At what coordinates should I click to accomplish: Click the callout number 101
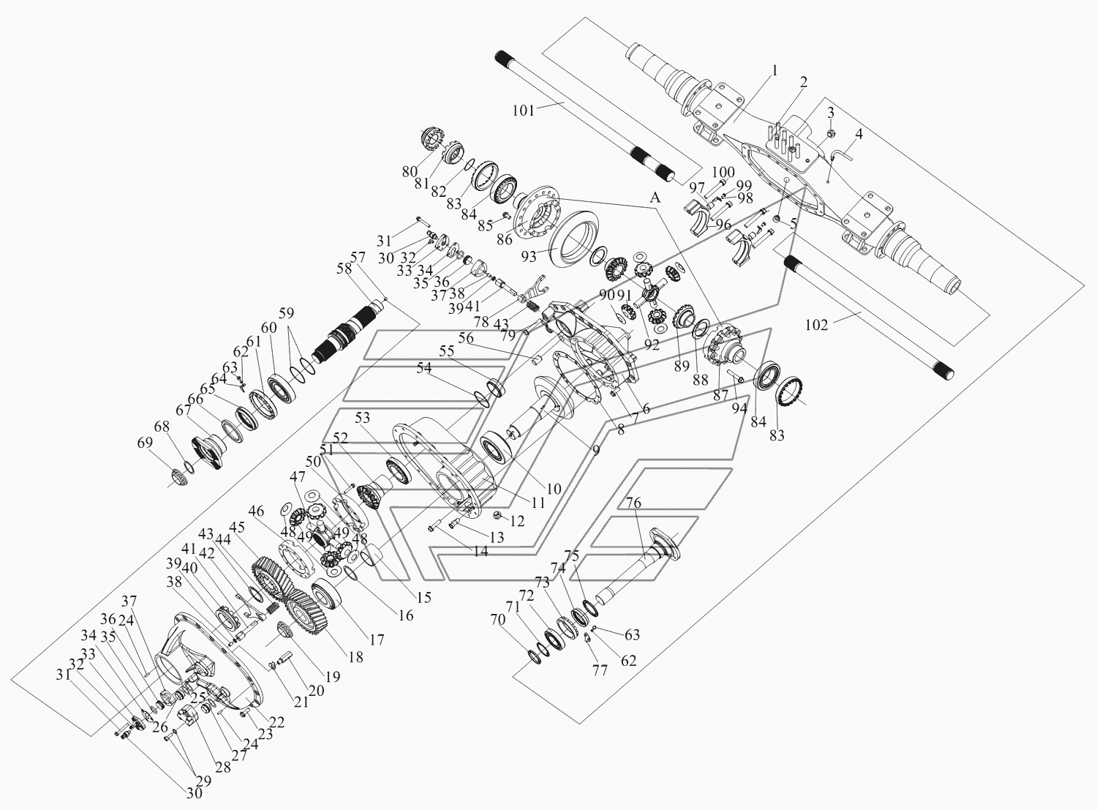(x=524, y=110)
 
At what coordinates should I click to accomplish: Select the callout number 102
(x=817, y=325)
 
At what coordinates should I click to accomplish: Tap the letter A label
(x=655, y=198)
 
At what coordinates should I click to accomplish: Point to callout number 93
(x=529, y=257)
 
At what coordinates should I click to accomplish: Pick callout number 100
(x=723, y=173)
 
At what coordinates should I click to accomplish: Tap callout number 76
(x=633, y=503)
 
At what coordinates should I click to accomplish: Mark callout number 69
(x=145, y=443)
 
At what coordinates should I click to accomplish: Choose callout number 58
(x=344, y=269)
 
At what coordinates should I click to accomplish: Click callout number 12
(x=517, y=521)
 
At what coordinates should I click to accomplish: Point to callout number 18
(x=355, y=657)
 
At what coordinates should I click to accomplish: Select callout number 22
(x=276, y=722)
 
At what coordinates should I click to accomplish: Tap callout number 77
(x=600, y=670)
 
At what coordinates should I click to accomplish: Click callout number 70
(x=498, y=620)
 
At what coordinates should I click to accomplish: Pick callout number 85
(x=485, y=225)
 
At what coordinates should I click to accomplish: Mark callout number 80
(x=410, y=172)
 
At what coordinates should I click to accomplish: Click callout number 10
(x=554, y=489)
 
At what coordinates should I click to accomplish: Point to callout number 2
(x=804, y=82)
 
